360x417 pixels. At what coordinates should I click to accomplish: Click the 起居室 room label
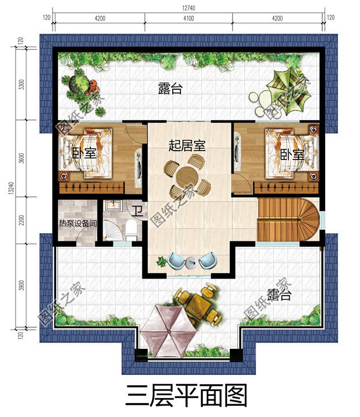[187, 146]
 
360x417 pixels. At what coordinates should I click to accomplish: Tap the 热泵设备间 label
[78, 223]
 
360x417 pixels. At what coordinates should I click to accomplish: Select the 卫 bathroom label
[138, 211]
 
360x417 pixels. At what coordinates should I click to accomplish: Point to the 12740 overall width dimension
[188, 8]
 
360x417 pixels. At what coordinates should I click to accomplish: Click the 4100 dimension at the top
[188, 18]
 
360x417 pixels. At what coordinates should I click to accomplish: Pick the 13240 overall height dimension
[11, 188]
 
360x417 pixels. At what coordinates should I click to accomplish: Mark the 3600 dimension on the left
[22, 158]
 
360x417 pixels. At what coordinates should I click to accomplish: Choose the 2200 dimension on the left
[22, 220]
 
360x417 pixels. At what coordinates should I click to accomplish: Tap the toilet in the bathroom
[131, 230]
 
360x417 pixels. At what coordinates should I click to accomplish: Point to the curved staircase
[288, 219]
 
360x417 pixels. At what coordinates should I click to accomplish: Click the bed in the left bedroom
[86, 153]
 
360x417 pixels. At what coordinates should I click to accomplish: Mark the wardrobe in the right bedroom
[286, 188]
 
